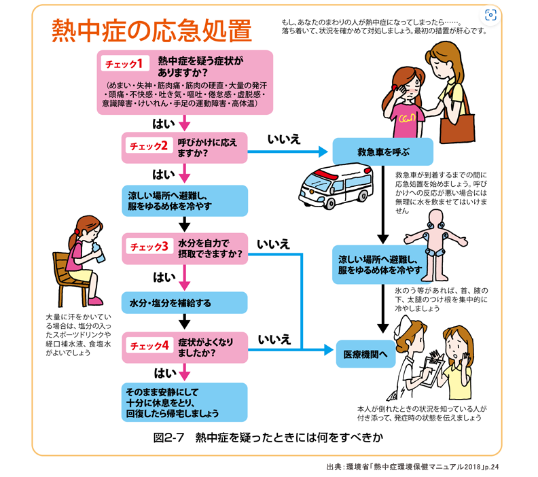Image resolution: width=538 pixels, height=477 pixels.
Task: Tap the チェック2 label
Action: click(x=149, y=146)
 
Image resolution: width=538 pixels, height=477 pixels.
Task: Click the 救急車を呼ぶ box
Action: click(x=382, y=152)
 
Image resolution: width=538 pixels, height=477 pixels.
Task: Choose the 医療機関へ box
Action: click(x=365, y=354)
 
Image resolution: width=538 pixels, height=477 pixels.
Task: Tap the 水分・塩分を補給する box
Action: click(x=185, y=302)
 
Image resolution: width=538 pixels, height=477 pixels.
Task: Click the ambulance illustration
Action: click(x=336, y=186)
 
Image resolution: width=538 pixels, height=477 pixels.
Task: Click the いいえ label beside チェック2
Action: click(x=284, y=139)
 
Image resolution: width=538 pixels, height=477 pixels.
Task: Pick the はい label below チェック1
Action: click(x=164, y=124)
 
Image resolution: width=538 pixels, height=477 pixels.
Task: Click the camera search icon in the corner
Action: click(x=490, y=15)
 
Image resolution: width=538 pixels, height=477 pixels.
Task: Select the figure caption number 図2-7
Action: click(x=168, y=438)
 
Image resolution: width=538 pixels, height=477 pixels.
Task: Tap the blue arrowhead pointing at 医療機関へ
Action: click(x=329, y=350)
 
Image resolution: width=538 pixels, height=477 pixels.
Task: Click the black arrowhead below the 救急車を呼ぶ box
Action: click(x=383, y=239)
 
